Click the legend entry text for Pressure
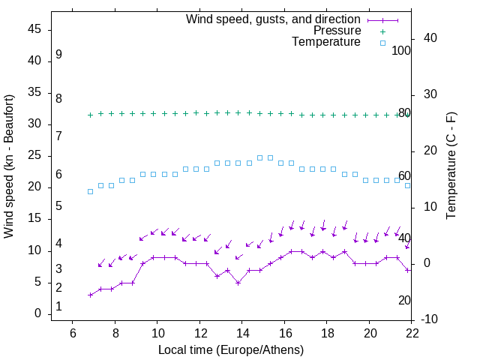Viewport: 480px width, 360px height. click(x=337, y=31)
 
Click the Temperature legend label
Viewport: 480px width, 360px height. click(x=326, y=43)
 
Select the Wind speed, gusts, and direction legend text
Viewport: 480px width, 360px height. click(x=273, y=19)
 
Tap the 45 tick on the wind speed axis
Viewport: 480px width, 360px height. click(x=34, y=29)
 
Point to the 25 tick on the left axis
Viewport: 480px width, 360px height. click(x=34, y=156)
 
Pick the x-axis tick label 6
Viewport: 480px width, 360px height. click(x=72, y=332)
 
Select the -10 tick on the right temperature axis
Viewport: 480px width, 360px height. click(x=430, y=320)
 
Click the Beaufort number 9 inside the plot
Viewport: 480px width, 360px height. click(x=58, y=55)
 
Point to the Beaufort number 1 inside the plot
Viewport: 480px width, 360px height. click(x=58, y=307)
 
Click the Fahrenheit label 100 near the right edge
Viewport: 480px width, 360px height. click(x=401, y=51)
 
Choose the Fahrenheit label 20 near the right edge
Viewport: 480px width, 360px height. click(x=404, y=300)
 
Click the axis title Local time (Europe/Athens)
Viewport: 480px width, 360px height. click(x=231, y=349)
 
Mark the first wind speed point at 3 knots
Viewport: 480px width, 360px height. click(x=90, y=295)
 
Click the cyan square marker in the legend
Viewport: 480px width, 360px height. click(x=382, y=43)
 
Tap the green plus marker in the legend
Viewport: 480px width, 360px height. click(x=382, y=31)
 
